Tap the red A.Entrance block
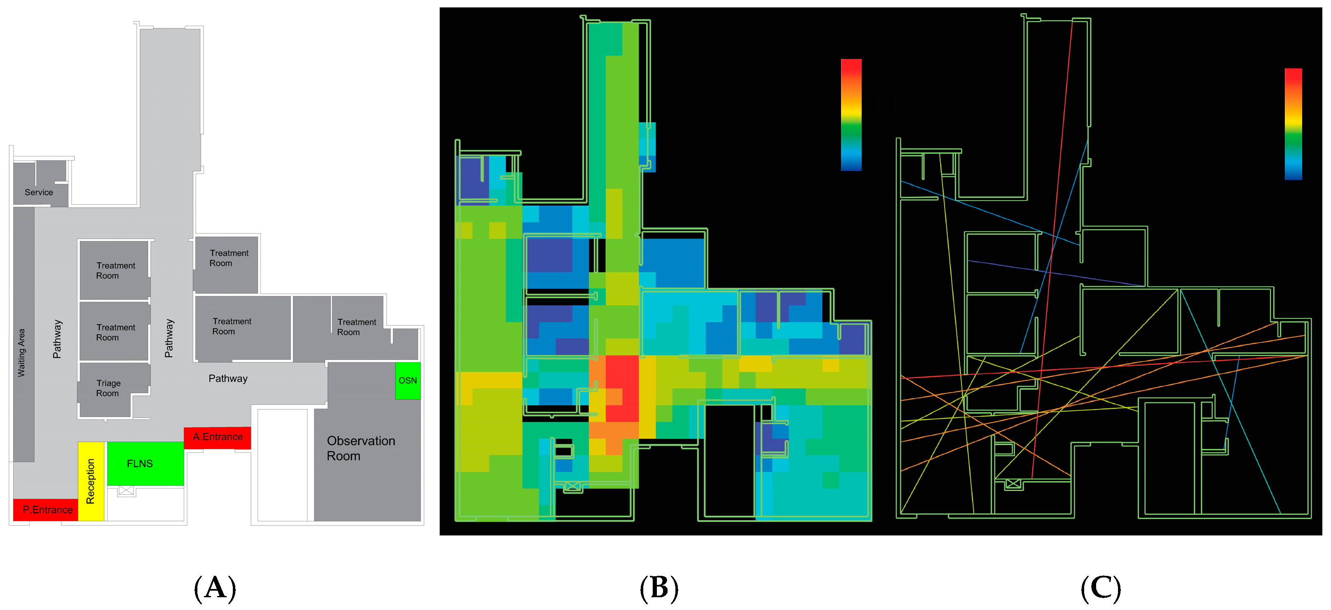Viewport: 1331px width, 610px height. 218,437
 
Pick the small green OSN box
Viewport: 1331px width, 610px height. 408,381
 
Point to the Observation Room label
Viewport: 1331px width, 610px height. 361,448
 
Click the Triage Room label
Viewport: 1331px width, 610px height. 108,388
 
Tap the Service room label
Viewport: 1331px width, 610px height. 39,192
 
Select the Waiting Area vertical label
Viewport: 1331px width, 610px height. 21,352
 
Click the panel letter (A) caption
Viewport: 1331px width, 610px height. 215,588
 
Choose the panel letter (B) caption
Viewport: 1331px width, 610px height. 659,588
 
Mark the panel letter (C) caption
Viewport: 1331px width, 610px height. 1101,588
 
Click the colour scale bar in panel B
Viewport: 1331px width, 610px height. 851,115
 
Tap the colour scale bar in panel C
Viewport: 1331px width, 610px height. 1293,124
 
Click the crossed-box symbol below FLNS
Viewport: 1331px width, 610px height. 126,490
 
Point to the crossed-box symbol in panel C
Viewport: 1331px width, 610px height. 1013,484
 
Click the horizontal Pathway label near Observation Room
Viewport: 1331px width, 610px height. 228,379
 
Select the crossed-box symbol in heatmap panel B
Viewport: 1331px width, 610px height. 572,486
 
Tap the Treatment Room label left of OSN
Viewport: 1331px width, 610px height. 356,327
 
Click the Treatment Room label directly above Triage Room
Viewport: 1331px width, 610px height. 115,332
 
